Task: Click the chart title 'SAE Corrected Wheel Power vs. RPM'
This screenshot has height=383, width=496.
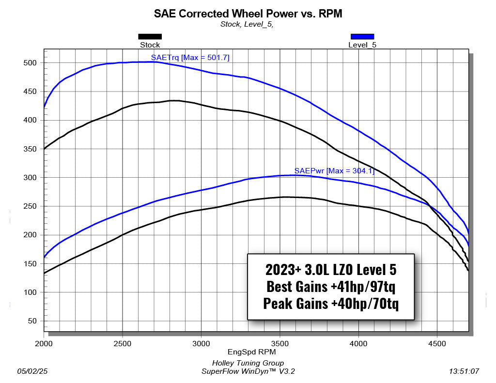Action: pos(248,14)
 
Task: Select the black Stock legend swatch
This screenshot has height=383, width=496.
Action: pos(150,36)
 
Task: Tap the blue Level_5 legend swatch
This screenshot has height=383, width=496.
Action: pos(362,36)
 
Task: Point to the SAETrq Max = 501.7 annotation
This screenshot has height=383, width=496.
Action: pos(190,57)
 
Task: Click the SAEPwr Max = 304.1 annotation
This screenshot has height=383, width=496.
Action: pos(334,171)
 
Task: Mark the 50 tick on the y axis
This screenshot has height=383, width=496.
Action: pos(32,321)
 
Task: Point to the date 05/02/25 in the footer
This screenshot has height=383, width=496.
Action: pos(32,371)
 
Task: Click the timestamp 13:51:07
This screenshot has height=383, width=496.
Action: pos(464,371)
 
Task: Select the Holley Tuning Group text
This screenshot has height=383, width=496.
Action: pos(248,363)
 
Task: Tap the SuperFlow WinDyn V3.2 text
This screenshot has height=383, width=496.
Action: pos(248,371)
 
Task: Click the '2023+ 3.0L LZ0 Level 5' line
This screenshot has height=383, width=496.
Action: pos(331,270)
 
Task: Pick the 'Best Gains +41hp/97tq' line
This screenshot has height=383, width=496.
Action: pos(331,287)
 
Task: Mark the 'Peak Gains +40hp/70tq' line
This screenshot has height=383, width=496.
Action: pos(331,304)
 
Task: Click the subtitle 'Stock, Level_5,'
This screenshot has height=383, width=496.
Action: pos(247,24)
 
